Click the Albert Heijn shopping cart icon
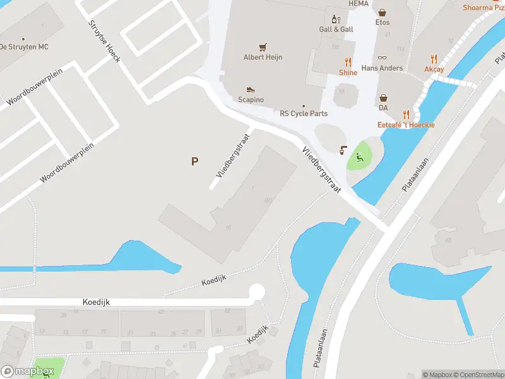[x=263, y=47]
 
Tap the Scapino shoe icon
[x=251, y=90]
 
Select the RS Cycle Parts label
[x=304, y=114]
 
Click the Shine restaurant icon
[x=348, y=62]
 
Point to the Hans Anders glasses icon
[x=382, y=57]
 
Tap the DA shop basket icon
[x=383, y=98]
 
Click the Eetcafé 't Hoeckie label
[x=406, y=125]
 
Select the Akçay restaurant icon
[x=434, y=59]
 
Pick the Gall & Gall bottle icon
[x=335, y=19]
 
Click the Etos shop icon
[x=383, y=12]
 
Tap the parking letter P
[x=194, y=161]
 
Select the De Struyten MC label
[x=24, y=47]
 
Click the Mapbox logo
[x=27, y=371]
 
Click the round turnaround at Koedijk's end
[x=256, y=292]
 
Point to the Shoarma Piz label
[x=484, y=8]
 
